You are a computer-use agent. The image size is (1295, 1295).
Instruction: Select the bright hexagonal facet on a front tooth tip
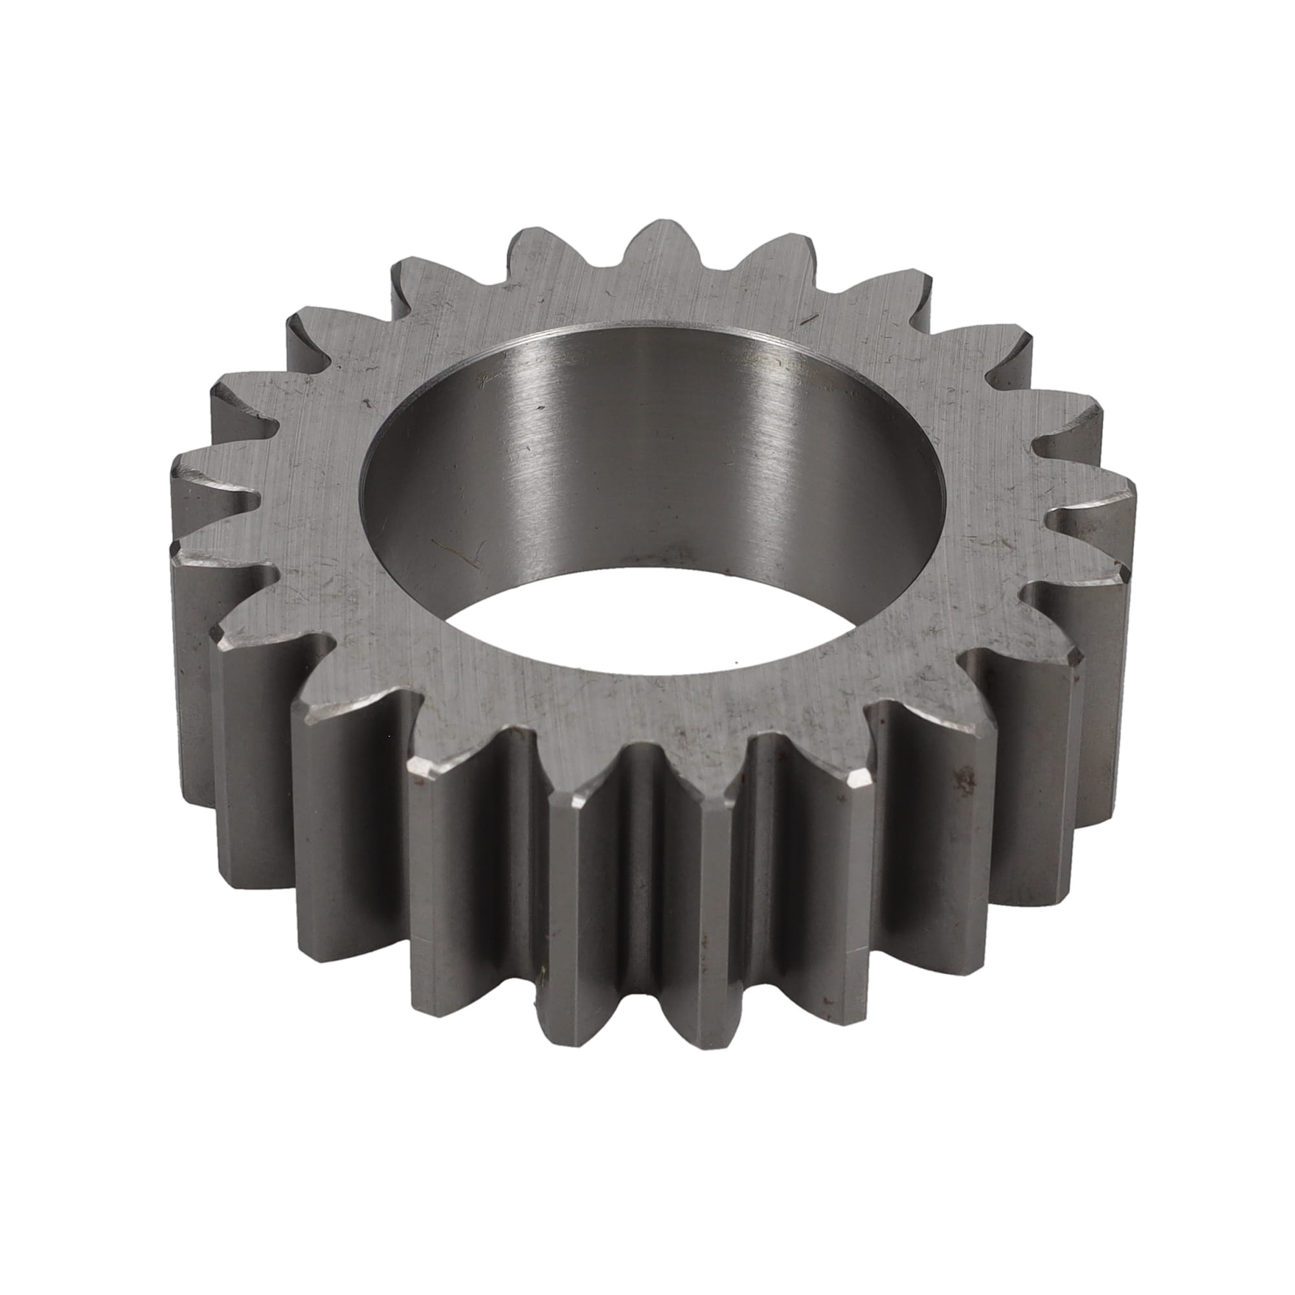[x=860, y=780]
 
